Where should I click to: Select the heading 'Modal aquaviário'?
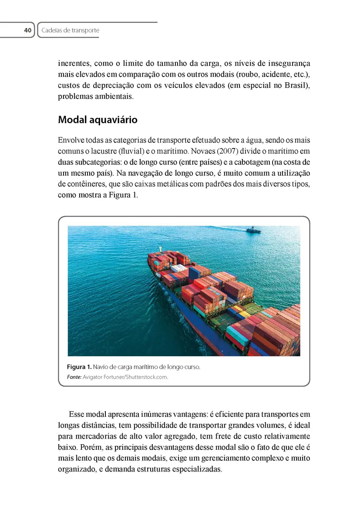tap(98, 120)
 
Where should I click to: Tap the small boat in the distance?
tap(253, 230)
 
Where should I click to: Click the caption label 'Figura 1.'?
tap(79, 367)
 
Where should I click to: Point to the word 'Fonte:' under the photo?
tap(74, 377)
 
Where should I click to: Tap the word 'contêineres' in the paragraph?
tap(77, 184)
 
